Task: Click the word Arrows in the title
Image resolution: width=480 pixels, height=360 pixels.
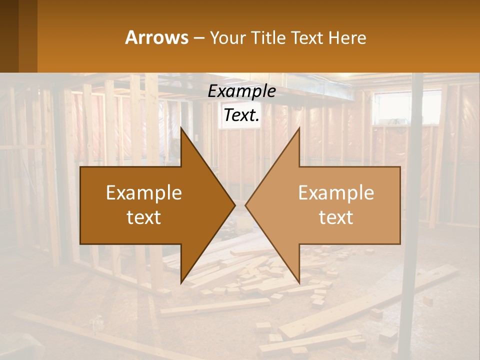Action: point(156,37)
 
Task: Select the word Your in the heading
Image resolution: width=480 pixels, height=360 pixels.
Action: point(227,37)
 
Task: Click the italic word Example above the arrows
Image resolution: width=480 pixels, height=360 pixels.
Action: point(241,91)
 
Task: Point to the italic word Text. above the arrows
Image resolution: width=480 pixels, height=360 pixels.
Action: point(241,115)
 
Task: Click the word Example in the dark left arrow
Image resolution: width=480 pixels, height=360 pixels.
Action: point(143,193)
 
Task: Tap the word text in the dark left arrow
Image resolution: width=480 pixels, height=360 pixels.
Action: point(143,217)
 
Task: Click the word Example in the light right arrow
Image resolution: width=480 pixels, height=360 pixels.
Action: point(336,193)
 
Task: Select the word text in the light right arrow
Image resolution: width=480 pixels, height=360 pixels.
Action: point(336,217)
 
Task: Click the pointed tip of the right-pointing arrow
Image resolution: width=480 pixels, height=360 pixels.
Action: point(234,205)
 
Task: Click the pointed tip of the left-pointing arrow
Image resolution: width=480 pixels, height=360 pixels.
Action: point(246,205)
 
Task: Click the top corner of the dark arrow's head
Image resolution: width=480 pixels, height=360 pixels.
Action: point(181,129)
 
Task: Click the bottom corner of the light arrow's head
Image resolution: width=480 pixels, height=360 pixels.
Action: point(299,282)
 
